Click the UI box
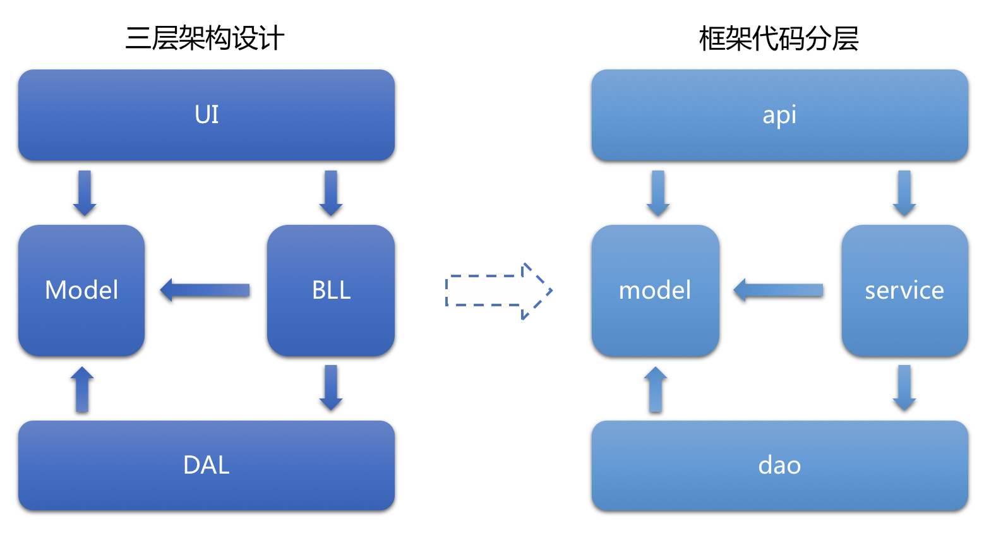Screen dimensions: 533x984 click(207, 115)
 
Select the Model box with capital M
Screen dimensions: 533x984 click(81, 290)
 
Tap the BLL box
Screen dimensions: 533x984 click(331, 290)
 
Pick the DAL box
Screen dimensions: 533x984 click(207, 465)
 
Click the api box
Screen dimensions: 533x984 click(779, 115)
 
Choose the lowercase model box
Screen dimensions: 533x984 click(655, 290)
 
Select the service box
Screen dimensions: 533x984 click(904, 290)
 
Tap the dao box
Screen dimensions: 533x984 click(779, 465)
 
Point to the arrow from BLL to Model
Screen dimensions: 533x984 click(205, 290)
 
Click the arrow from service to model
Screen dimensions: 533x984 click(778, 290)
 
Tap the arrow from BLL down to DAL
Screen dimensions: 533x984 click(331, 387)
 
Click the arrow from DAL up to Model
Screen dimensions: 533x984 click(82, 390)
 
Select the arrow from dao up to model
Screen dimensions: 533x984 click(656, 390)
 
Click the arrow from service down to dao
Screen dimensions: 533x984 click(904, 387)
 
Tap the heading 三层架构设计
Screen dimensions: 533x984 click(205, 39)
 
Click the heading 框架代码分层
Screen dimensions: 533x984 click(778, 39)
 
